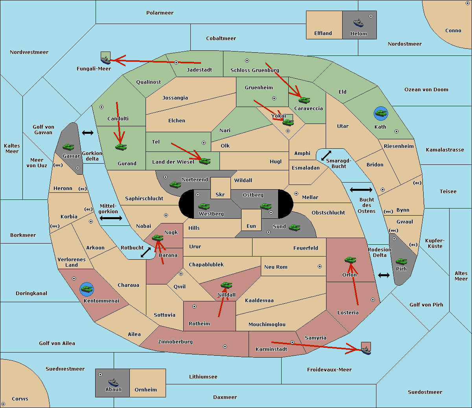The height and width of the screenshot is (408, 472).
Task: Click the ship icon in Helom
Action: point(358,22)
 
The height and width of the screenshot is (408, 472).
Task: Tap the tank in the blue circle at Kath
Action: point(381,114)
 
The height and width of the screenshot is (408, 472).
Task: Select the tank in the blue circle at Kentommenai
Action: point(87,289)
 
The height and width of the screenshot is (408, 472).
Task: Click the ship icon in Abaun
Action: point(113,382)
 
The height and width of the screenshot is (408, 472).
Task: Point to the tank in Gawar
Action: point(68,147)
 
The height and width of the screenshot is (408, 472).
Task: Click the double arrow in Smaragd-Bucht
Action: point(326,155)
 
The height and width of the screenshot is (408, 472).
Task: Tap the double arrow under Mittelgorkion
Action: point(111,218)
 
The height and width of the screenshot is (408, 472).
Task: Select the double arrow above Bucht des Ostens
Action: point(361,190)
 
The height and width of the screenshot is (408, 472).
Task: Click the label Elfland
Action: point(323,33)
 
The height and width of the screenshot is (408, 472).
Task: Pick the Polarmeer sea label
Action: point(160,13)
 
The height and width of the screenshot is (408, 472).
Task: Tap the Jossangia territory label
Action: point(175,98)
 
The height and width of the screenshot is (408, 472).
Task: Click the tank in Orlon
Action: point(350,260)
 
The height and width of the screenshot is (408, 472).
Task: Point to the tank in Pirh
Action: point(402,262)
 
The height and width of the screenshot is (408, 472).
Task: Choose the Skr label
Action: point(220,194)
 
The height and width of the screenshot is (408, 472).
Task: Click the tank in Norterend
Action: point(175,185)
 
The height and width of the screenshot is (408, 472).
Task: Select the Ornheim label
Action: point(146,390)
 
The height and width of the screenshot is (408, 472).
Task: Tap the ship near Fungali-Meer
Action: point(105,60)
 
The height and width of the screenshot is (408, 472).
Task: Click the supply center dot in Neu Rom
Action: point(320,266)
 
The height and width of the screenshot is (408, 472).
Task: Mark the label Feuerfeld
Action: point(306,248)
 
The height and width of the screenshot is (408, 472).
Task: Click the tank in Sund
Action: point(294,227)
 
